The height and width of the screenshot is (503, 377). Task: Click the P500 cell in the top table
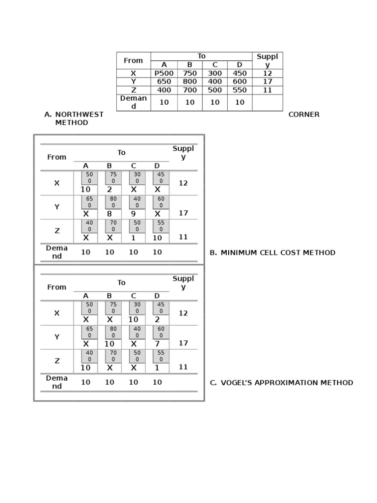tap(164, 73)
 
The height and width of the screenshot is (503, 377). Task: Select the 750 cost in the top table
tap(189, 73)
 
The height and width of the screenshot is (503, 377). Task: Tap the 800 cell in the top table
tap(189, 82)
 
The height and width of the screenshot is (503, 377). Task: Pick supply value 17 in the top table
tap(268, 82)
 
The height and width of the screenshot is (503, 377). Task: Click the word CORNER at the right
tap(304, 114)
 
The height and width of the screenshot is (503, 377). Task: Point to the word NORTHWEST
tap(79, 114)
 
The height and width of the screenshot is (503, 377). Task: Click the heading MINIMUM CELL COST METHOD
tap(278, 252)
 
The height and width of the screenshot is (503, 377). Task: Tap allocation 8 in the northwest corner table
tap(109, 214)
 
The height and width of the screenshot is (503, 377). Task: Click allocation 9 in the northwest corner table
tap(134, 214)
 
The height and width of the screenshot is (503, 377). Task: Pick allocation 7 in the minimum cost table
tap(157, 344)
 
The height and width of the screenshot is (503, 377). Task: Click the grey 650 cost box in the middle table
tap(89, 202)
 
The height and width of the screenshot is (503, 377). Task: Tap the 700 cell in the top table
tap(189, 90)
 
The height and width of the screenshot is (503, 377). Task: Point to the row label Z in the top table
tap(133, 90)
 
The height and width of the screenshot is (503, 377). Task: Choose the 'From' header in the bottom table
tap(56, 287)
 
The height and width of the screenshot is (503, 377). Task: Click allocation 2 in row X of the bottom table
tap(157, 319)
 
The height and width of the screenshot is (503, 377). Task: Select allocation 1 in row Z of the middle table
tap(134, 238)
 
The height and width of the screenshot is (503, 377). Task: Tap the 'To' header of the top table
tap(201, 56)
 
